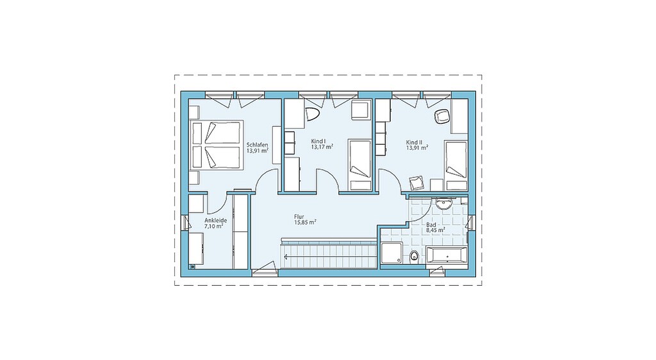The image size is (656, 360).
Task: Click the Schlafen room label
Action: [258, 145]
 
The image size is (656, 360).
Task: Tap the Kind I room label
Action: [318, 141]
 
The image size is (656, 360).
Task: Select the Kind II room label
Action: [414, 142]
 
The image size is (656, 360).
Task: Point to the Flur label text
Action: [299, 217]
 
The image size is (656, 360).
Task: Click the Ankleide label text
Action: [215, 220]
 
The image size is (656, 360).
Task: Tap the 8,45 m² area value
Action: [436, 229]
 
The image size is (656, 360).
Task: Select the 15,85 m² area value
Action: [304, 222]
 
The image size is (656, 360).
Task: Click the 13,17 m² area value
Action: [322, 147]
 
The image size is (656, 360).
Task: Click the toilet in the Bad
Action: [414, 256]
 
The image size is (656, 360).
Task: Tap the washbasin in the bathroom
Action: [443, 204]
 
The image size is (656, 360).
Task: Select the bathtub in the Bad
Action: [447, 255]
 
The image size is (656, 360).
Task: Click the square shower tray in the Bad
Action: [391, 254]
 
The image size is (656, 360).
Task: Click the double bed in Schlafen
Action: [217, 145]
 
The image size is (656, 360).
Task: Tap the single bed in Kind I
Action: [360, 165]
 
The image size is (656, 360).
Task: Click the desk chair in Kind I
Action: [313, 114]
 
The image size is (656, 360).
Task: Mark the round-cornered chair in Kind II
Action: [441, 116]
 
